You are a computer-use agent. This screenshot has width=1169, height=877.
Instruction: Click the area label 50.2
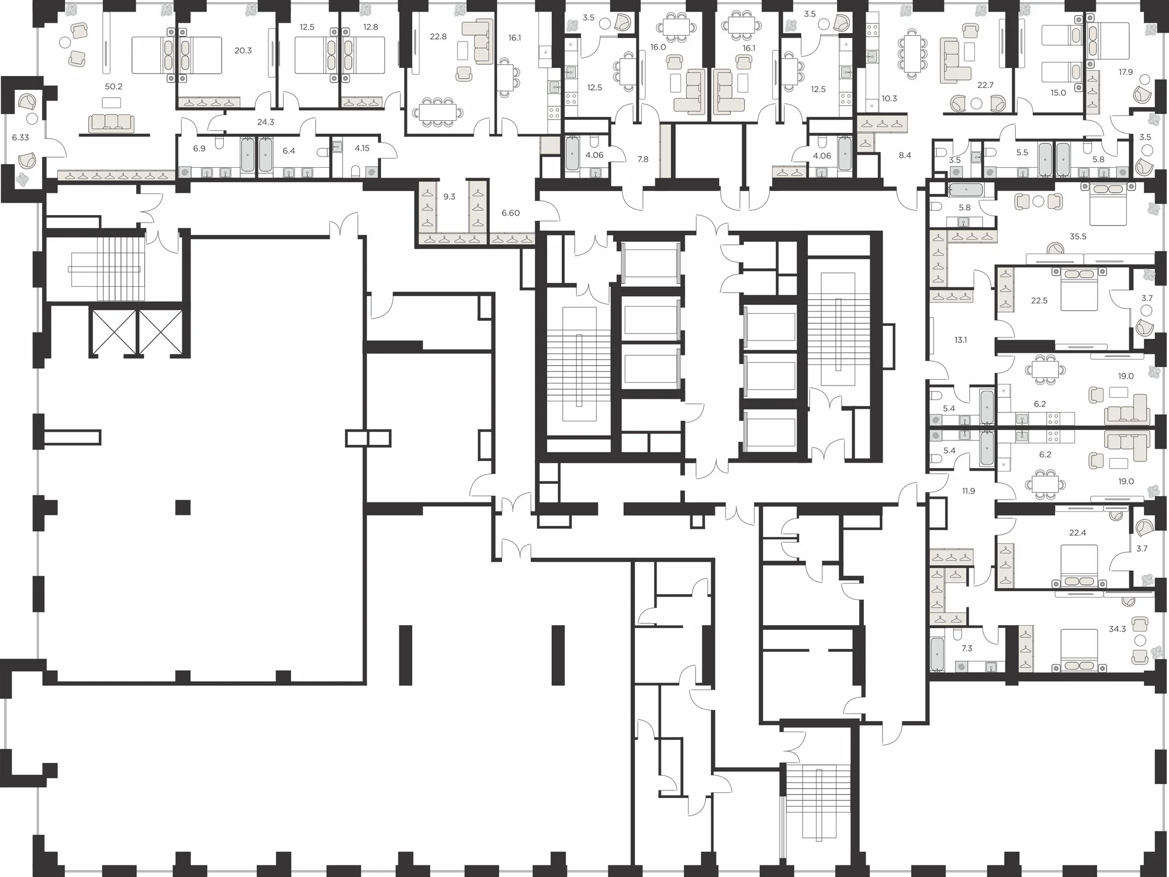113,86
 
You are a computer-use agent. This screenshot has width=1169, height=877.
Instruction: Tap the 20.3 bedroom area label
243,51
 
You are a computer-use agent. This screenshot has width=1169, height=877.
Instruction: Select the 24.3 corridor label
265,122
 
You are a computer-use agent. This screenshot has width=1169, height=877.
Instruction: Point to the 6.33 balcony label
20,137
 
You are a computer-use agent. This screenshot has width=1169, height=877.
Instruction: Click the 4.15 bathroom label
362,148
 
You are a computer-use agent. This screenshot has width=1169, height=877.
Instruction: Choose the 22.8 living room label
438,36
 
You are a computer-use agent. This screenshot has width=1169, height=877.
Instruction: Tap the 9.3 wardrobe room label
449,197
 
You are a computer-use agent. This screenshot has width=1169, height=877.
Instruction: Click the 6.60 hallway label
510,213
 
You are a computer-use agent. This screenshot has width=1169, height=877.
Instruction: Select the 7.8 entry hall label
642,159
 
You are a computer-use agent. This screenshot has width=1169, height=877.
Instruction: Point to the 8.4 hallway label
905,155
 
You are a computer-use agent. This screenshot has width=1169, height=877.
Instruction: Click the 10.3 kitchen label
889,99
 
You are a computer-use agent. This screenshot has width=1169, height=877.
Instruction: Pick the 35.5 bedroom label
1078,237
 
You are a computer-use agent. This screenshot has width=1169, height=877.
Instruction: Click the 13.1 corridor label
960,339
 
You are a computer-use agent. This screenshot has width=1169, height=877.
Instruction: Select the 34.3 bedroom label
1117,629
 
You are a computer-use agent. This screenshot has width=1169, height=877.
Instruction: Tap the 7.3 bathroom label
967,649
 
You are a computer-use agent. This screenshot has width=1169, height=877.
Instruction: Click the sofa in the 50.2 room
111,123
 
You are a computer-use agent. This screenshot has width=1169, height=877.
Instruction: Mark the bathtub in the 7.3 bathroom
937,655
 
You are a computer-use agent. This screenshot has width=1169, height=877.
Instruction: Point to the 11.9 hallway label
968,491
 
